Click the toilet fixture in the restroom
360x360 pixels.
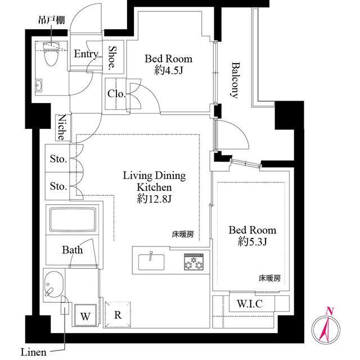51,53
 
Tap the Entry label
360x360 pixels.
86,54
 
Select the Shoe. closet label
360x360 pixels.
113,57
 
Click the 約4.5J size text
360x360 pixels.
168,70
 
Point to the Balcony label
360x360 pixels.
235,80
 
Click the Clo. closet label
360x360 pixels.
116,94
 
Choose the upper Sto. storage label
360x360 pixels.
58,159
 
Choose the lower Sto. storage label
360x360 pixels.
58,186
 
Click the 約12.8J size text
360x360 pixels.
154,199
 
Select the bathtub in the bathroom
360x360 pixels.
73,220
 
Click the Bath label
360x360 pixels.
73,250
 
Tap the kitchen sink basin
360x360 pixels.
151,262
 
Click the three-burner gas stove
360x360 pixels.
193,262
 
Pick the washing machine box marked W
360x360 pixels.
85,315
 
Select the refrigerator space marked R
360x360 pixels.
118,314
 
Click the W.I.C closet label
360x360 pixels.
250,304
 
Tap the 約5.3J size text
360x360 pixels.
252,241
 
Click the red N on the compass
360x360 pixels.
330,311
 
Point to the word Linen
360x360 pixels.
34,352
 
